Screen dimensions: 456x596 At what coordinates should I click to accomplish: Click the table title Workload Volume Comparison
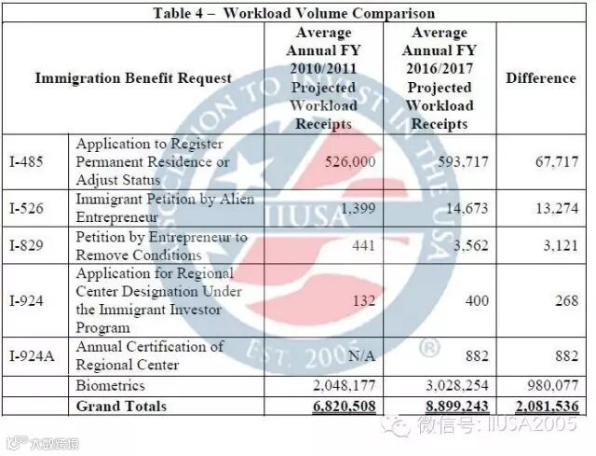click(x=299, y=13)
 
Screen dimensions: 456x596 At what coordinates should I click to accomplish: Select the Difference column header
click(x=541, y=78)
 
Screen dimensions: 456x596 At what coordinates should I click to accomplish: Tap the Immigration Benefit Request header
click(x=133, y=78)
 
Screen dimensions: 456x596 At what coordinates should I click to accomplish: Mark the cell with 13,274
click(x=553, y=208)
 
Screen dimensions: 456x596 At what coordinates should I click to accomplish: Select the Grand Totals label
click(x=121, y=406)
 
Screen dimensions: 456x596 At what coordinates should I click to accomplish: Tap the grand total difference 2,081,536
click(x=546, y=407)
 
